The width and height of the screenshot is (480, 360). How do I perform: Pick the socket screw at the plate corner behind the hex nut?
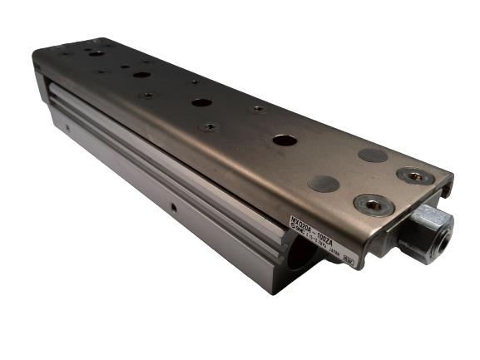pyautogui.click(x=414, y=175)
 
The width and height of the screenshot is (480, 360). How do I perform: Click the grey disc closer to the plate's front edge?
pyautogui.click(x=323, y=184)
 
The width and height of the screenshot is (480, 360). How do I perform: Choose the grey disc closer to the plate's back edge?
pyautogui.click(x=373, y=155)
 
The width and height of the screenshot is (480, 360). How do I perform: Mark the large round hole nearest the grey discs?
pyautogui.click(x=285, y=140)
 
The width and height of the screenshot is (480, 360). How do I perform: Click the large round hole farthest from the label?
pyautogui.click(x=97, y=53)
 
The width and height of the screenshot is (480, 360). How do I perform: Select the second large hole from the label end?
pyautogui.click(x=201, y=102)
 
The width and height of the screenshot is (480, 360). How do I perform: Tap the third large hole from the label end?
pyautogui.click(x=141, y=75)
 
